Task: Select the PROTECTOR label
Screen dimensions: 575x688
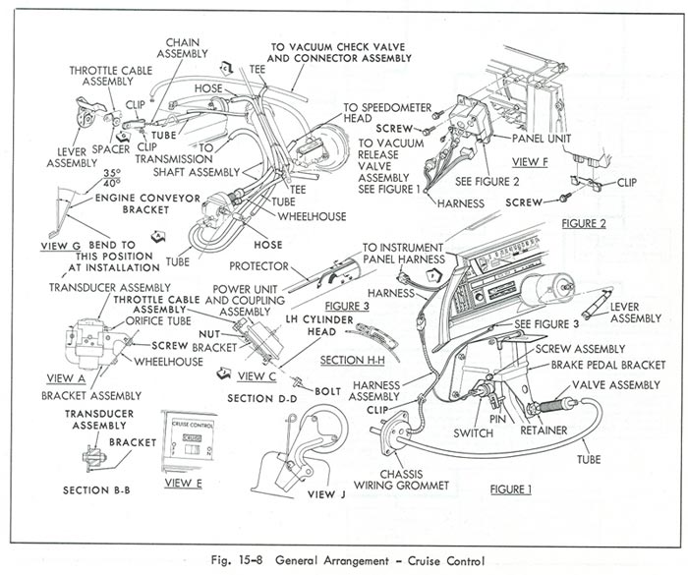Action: point(258,265)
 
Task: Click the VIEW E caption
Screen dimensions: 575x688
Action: point(183,483)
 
